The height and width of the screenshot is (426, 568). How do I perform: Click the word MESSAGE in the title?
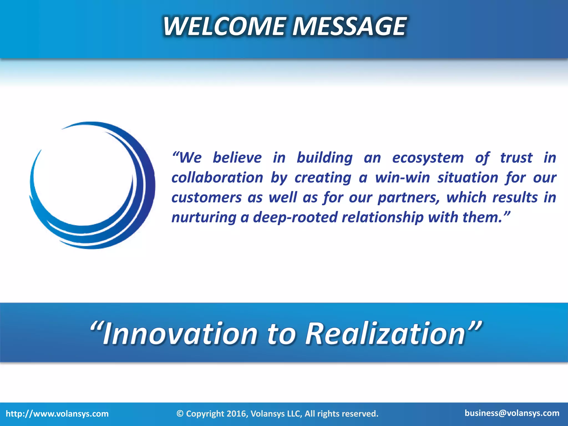click(x=349, y=26)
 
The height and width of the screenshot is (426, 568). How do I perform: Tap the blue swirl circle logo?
click(x=92, y=185)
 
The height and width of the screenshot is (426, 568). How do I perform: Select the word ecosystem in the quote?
click(x=428, y=158)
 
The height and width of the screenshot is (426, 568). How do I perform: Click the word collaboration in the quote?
click(x=217, y=177)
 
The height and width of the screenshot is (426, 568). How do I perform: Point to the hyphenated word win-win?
click(x=402, y=177)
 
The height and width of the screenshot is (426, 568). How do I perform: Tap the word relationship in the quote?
click(x=383, y=217)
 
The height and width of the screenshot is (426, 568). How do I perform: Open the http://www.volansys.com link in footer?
click(x=57, y=414)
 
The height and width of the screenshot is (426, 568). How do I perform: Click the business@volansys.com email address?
click(x=512, y=413)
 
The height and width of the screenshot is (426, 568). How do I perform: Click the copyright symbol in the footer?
click(x=180, y=414)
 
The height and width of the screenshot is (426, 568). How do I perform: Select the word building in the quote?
click(x=324, y=158)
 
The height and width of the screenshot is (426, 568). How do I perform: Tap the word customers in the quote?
click(x=207, y=198)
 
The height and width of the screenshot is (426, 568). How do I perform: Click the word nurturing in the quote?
click(x=204, y=217)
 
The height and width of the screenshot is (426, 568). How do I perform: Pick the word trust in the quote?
click(x=516, y=158)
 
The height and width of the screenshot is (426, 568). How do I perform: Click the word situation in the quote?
click(x=468, y=177)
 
